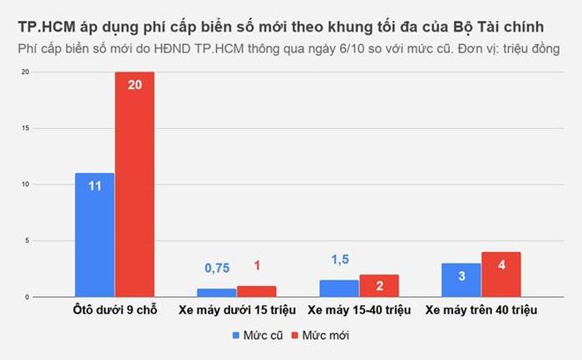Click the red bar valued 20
coord(135,185)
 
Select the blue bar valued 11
coord(95,235)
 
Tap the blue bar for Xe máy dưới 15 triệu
coord(217,293)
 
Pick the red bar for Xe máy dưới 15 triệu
coord(257,291)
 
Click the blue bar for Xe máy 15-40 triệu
coord(339,288)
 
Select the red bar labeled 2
coord(379,286)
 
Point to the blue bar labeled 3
coord(461,280)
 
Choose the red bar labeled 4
coord(501,274)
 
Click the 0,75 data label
coord(217,268)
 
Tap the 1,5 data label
coord(340,259)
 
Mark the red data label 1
coord(257,265)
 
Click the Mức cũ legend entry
coord(258,336)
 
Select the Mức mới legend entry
coord(320,336)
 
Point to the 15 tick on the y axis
coord(25,128)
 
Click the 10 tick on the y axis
coord(25,185)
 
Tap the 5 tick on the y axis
coord(27,241)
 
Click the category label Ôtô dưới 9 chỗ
coord(115,310)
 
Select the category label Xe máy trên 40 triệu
coord(481,310)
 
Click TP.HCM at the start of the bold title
coord(47,27)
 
